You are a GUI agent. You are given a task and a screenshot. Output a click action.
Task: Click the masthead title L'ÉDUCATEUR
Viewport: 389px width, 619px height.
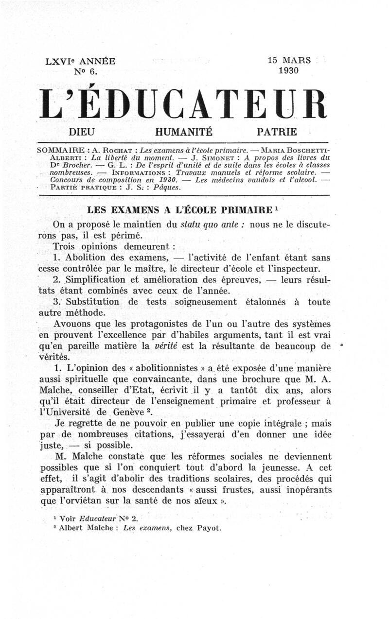click(x=182, y=104)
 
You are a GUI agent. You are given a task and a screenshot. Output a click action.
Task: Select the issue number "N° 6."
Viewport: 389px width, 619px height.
click(x=86, y=72)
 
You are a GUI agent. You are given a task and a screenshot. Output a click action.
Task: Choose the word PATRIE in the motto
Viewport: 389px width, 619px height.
click(x=277, y=132)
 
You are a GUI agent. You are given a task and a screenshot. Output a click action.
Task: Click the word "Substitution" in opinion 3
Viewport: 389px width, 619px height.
click(x=91, y=302)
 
